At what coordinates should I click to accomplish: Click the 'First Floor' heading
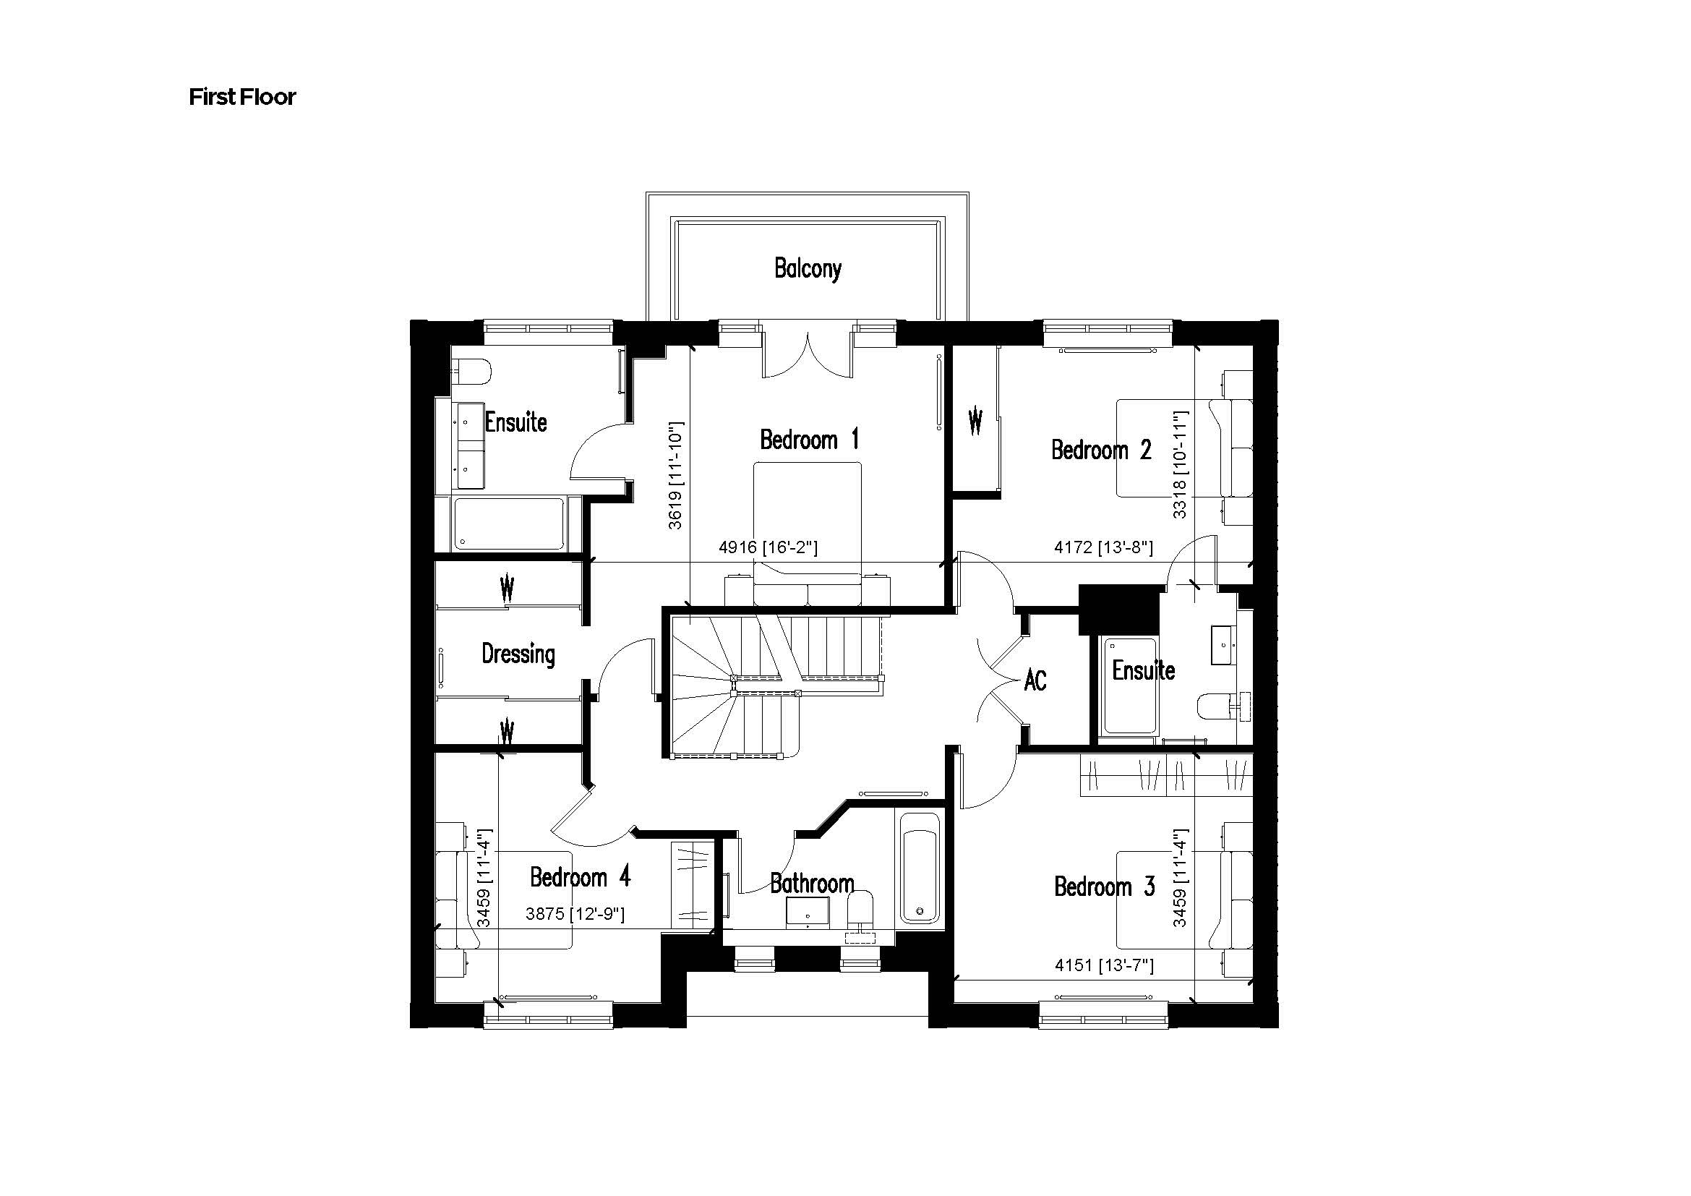click(x=241, y=97)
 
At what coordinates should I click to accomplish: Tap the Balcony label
click(x=808, y=269)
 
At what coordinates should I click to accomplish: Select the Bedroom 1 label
click(x=809, y=440)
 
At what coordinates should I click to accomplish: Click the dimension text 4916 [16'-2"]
click(x=768, y=547)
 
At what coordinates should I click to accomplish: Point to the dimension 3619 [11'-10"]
click(x=675, y=475)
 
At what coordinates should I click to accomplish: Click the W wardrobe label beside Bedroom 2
click(x=975, y=422)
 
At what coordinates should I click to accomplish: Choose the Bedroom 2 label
click(x=1100, y=449)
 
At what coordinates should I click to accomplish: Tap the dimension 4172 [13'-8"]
click(x=1103, y=547)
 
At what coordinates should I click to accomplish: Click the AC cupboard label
click(x=1035, y=680)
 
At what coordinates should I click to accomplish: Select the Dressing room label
click(x=518, y=654)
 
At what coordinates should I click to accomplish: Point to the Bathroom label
click(x=812, y=883)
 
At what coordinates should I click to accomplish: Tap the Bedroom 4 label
click(x=580, y=877)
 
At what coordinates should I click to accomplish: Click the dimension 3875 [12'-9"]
click(x=575, y=914)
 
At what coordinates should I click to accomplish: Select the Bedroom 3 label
click(x=1104, y=886)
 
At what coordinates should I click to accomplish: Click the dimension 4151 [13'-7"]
click(x=1103, y=965)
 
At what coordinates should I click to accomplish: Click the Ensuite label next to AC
click(x=1143, y=670)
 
